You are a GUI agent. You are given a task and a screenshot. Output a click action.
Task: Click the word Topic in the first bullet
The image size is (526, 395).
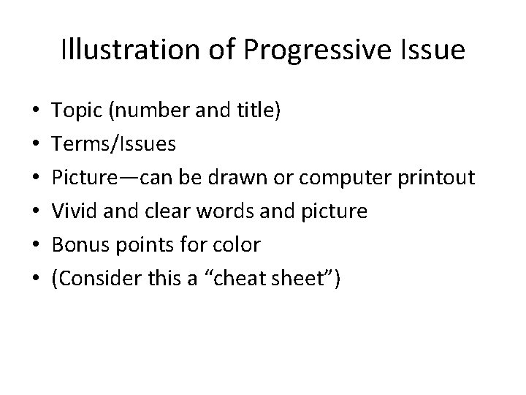tap(77, 110)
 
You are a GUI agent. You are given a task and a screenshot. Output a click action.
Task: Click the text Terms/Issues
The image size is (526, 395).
tap(114, 144)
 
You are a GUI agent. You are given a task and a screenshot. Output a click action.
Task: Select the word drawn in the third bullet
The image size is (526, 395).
tap(243, 178)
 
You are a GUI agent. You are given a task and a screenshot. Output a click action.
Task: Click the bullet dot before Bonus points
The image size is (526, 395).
tap(37, 245)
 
